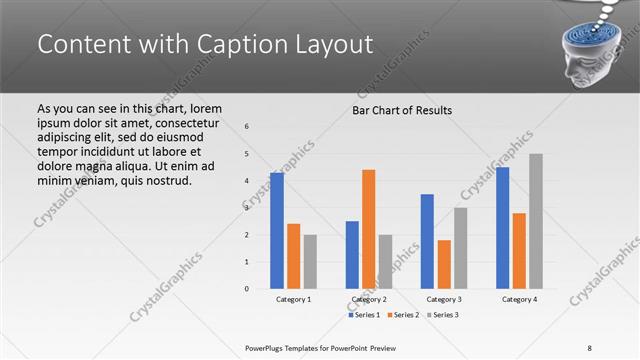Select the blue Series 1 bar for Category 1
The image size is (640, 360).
(277, 230)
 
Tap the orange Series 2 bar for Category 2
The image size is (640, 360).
(368, 228)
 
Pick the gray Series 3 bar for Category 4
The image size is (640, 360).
(536, 220)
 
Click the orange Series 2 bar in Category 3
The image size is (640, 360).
(444, 264)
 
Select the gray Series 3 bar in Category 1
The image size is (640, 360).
(310, 261)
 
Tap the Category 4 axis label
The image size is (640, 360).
(519, 299)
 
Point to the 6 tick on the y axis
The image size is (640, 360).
(247, 127)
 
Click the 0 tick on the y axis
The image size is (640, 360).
(247, 289)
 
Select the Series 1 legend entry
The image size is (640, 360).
(364, 315)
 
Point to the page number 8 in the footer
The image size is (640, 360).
(590, 347)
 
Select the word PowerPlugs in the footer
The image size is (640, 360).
(268, 347)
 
